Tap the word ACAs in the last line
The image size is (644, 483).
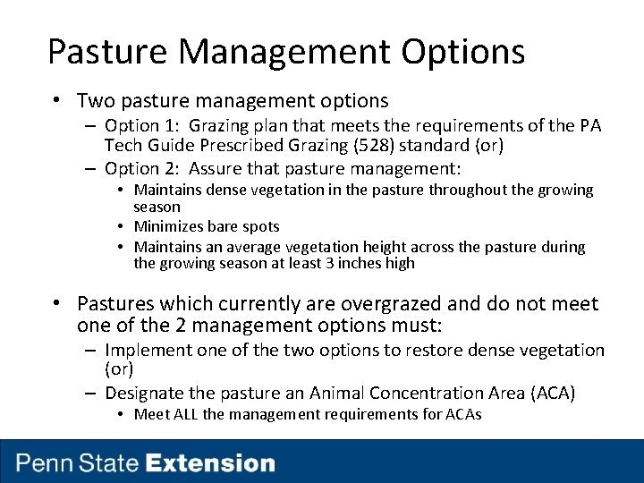click(x=463, y=414)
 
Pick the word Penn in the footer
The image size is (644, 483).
click(x=45, y=463)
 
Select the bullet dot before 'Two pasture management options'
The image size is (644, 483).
click(x=55, y=101)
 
